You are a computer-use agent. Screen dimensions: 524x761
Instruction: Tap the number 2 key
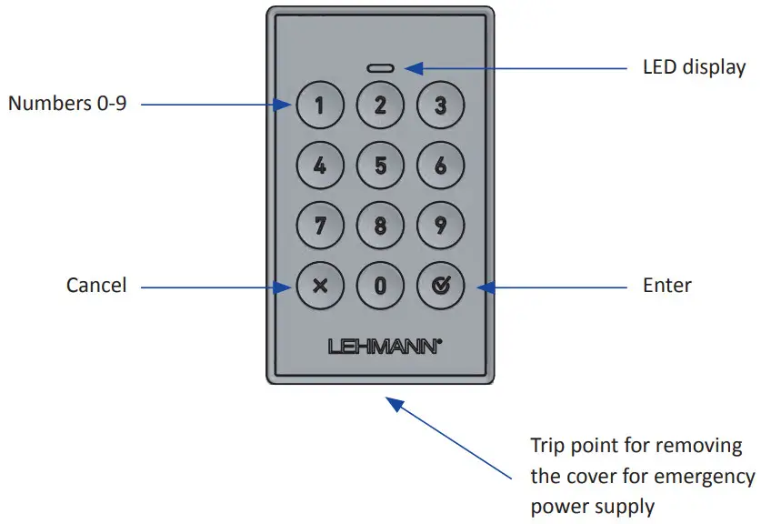pos(380,106)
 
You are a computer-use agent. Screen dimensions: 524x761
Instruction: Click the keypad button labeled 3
pos(440,106)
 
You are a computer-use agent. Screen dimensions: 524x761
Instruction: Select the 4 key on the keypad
pos(319,166)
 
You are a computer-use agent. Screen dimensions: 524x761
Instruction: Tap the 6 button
pos(440,166)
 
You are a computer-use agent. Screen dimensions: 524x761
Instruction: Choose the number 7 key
pos(319,225)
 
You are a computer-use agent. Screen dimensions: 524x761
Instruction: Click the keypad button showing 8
pos(380,225)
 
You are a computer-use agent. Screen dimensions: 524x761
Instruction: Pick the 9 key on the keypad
pos(440,225)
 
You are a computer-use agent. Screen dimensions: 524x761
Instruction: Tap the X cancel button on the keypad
pos(319,286)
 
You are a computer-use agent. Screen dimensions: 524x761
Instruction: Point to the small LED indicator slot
pos(380,68)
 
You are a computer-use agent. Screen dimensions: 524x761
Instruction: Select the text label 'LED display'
pos(694,67)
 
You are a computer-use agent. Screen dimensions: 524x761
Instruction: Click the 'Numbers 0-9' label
pos(67,104)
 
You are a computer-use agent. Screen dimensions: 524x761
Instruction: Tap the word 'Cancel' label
pos(96,286)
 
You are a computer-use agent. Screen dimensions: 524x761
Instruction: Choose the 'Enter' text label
pos(666,286)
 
